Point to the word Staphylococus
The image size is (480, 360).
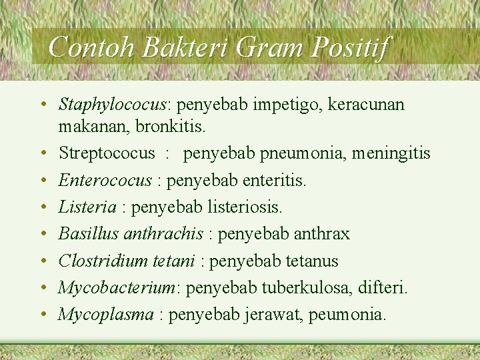tap(111, 105)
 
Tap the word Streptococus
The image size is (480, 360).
tap(107, 153)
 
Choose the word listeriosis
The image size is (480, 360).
tap(246, 207)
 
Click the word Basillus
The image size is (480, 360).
tap(88, 234)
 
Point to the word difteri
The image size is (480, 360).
tap(383, 287)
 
